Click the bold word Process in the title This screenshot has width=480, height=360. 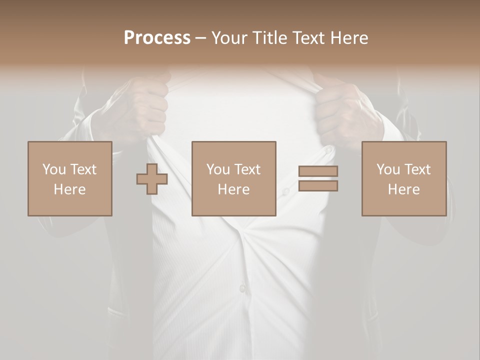click(157, 37)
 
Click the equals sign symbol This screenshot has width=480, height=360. click(318, 178)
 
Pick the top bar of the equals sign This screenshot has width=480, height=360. click(318, 171)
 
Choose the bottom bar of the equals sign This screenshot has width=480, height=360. click(318, 186)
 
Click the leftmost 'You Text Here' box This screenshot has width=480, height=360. click(70, 178)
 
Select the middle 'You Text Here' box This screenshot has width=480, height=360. click(234, 178)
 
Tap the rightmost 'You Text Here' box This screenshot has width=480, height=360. click(404, 178)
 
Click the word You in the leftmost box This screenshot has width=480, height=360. click(54, 169)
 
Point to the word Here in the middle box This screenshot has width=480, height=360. click(234, 189)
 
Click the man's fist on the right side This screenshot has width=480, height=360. click(342, 112)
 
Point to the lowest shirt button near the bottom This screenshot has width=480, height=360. click(242, 288)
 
